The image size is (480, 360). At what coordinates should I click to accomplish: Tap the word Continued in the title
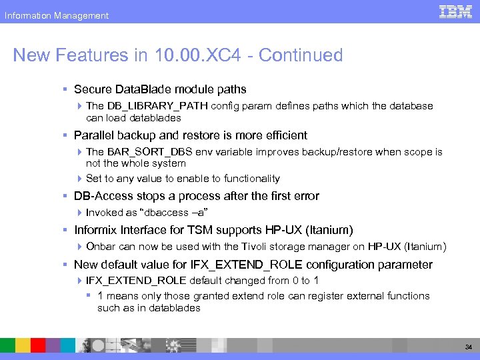301,55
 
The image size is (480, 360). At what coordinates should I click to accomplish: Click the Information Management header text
57,15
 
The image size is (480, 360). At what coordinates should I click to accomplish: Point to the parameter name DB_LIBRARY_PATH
157,106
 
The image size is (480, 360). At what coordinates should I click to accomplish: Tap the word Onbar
101,247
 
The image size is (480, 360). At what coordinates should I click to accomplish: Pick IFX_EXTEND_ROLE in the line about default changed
137,281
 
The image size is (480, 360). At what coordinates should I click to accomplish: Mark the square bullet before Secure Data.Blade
66,89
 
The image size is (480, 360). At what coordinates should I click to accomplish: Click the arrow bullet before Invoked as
80,213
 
